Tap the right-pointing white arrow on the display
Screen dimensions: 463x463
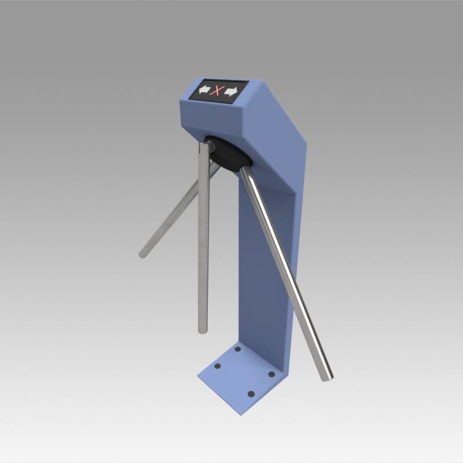click(232, 91)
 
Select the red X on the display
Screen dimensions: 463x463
click(218, 90)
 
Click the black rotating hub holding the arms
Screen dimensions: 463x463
click(228, 154)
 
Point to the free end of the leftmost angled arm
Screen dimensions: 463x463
click(143, 253)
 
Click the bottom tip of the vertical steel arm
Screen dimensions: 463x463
click(202, 330)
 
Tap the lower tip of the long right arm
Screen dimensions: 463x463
click(328, 377)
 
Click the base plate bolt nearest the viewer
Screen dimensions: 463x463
click(251, 394)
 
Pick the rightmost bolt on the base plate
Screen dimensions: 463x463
click(271, 374)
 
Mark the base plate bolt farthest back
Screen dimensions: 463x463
click(237, 350)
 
